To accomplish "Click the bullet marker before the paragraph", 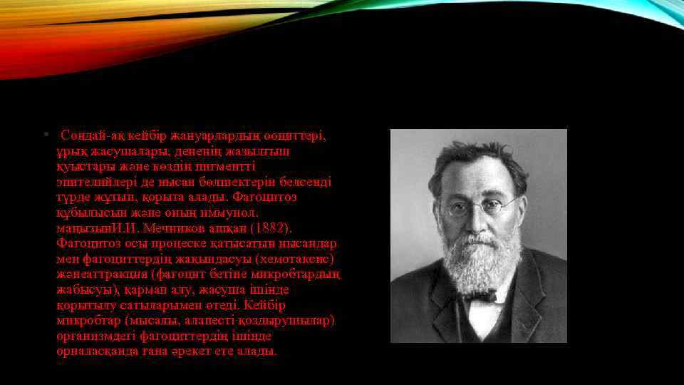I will coord(44,135).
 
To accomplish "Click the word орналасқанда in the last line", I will coord(93,351).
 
